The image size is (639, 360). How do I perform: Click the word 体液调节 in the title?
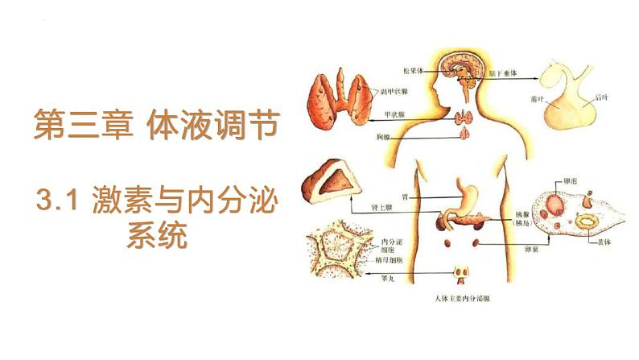click(x=214, y=126)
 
